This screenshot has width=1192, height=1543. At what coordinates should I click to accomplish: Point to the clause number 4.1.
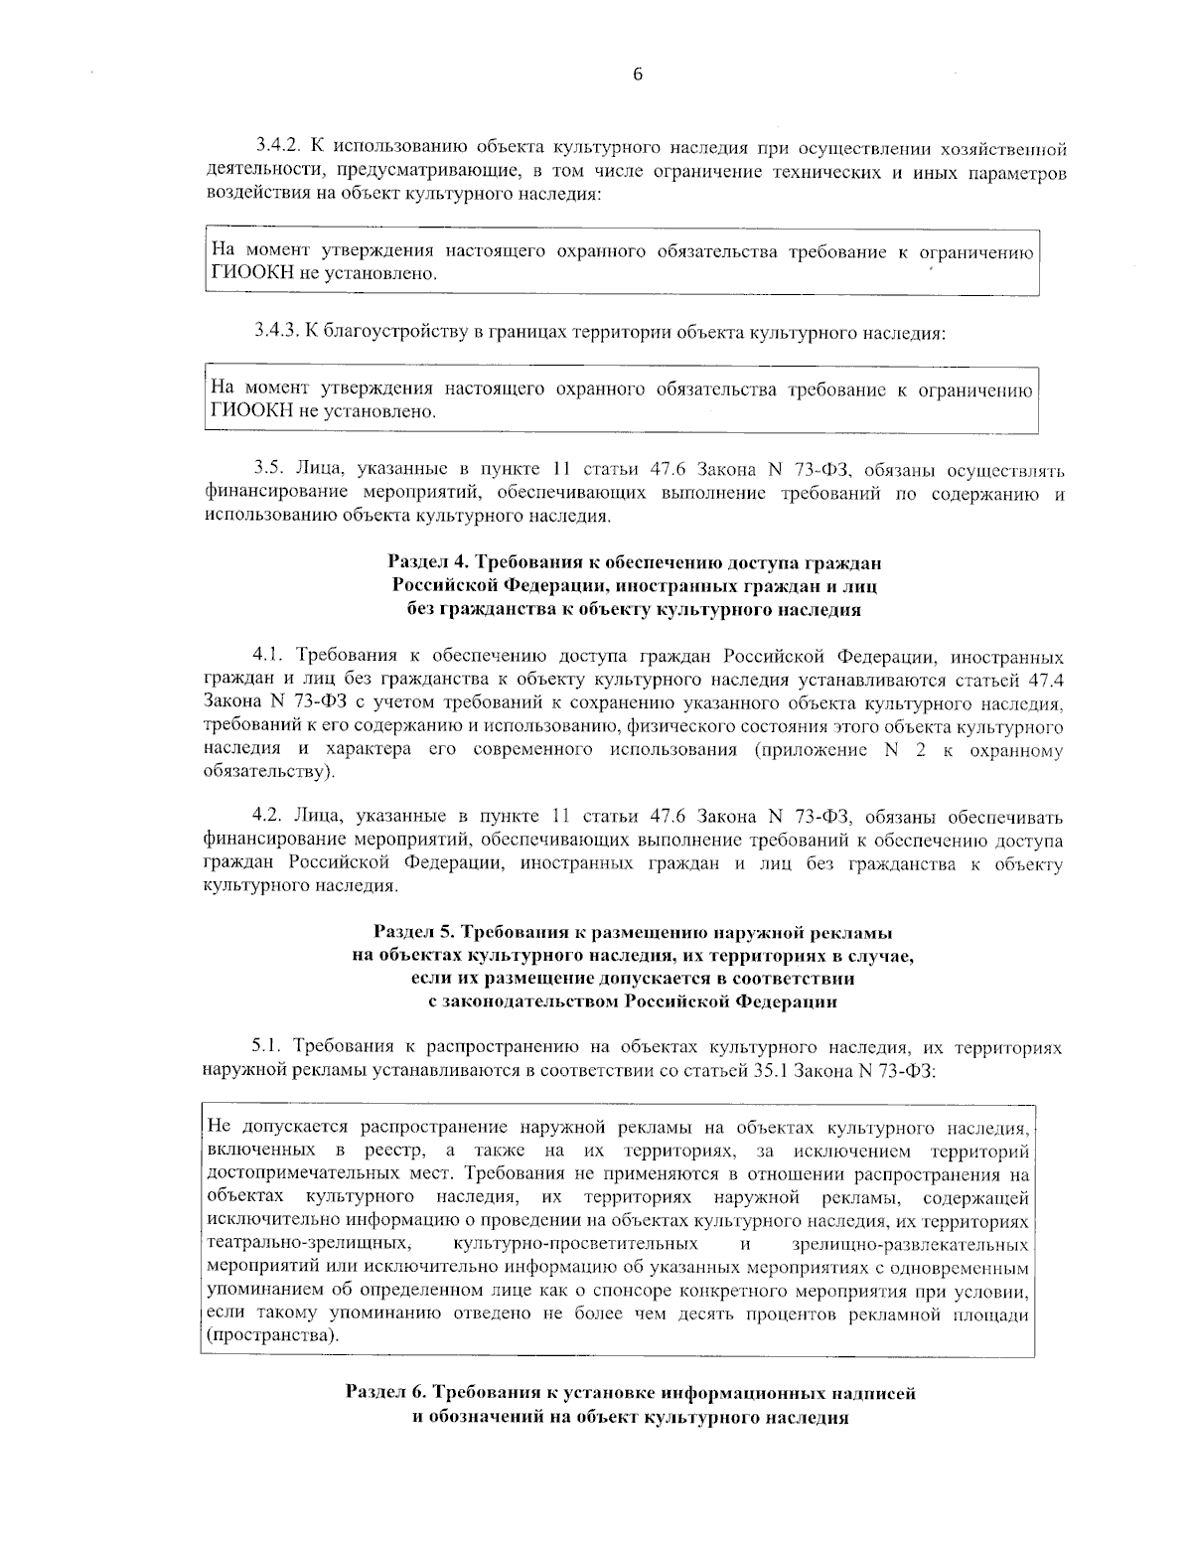[267, 657]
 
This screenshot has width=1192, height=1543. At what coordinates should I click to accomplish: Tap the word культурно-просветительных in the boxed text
[574, 1244]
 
